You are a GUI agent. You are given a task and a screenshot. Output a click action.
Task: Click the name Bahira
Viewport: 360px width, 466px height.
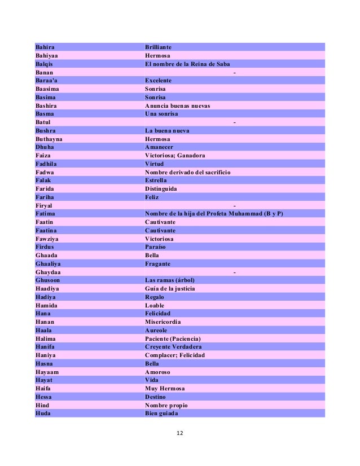45,47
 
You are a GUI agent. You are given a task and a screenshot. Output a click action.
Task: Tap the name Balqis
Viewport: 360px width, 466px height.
44,64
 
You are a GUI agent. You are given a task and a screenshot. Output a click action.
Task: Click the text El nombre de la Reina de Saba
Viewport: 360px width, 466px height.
187,64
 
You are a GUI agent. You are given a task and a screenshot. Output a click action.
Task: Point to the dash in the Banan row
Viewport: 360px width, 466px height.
234,72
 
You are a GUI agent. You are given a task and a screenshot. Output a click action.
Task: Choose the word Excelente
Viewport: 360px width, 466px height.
158,81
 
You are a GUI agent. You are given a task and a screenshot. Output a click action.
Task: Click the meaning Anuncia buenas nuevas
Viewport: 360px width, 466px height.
177,105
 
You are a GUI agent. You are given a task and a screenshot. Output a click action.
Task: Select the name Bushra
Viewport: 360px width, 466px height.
45,130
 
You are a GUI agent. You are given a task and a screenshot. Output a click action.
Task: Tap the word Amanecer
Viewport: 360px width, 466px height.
160,147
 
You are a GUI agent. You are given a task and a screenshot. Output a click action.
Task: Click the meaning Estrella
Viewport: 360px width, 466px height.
156,180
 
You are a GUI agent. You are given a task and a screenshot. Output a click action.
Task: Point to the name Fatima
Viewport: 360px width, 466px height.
45,214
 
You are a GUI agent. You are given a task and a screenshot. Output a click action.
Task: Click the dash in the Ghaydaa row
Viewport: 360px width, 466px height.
234,272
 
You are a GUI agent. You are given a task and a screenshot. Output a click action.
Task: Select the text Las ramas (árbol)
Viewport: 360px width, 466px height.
171,280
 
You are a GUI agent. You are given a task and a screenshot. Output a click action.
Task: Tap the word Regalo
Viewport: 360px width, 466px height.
155,297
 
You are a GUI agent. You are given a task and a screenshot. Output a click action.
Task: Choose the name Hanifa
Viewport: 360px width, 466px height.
45,347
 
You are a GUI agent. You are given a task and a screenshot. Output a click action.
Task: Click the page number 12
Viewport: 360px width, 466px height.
180,433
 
